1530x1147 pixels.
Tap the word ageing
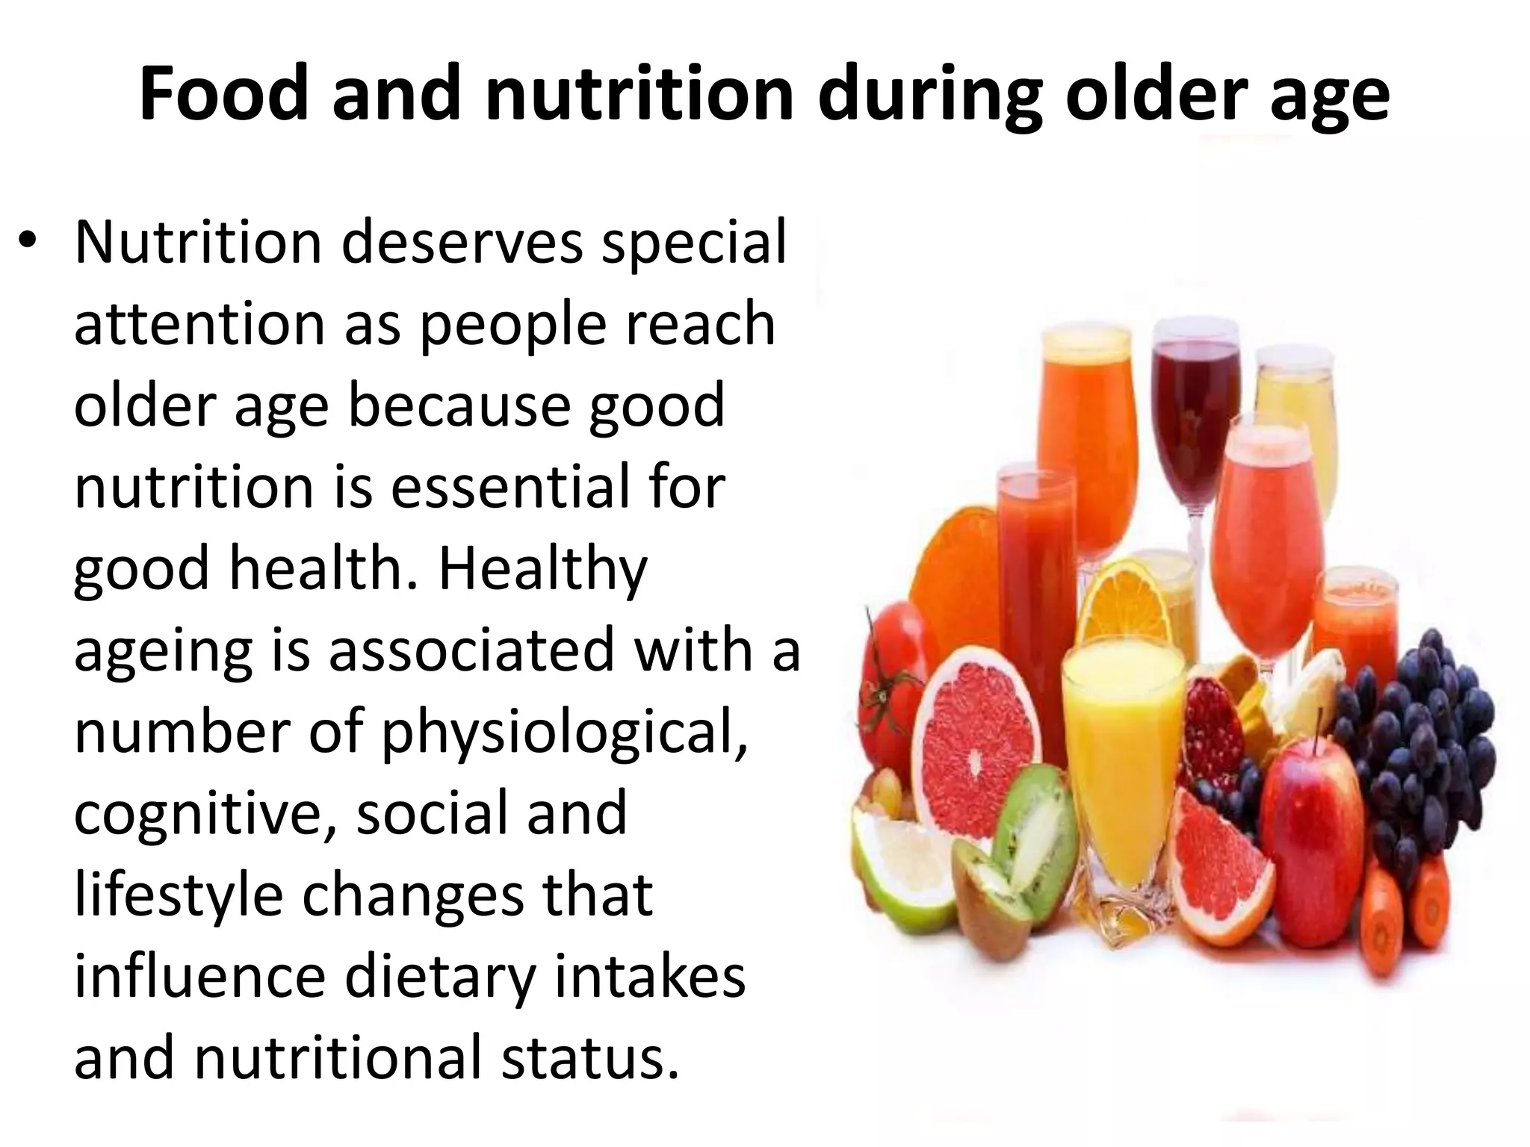point(162,650)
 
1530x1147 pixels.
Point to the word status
point(590,1057)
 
